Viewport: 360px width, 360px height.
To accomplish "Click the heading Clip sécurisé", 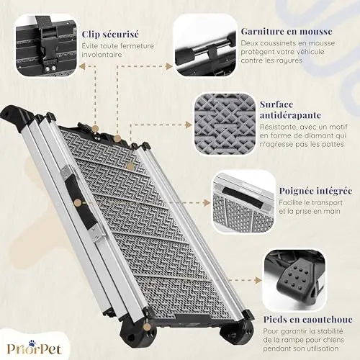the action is tap(110, 34).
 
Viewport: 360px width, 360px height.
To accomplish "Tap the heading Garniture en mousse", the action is tap(287, 32).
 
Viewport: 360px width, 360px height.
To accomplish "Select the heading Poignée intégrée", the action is tap(316, 191).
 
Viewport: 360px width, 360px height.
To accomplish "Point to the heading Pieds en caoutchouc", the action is tap(308, 320).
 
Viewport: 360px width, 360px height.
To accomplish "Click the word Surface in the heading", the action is tap(276, 104).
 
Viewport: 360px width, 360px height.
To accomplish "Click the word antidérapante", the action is tap(290, 115).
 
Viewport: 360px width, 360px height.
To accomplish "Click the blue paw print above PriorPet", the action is tap(32, 343).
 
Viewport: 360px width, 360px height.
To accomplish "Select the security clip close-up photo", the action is tap(46, 45).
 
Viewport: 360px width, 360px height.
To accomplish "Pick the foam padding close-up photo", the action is tap(204, 45).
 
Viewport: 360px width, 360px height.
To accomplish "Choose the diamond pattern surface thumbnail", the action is tap(225, 124).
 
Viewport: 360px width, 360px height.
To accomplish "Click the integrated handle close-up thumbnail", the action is tap(243, 202).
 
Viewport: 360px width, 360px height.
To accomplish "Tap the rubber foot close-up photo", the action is tap(295, 280).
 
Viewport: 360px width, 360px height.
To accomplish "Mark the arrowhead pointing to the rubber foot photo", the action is tap(258, 280).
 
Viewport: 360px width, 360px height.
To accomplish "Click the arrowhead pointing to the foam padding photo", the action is tap(169, 66).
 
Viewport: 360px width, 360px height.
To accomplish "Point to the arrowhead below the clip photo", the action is tap(83, 66).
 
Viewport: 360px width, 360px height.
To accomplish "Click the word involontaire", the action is tap(102, 55).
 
